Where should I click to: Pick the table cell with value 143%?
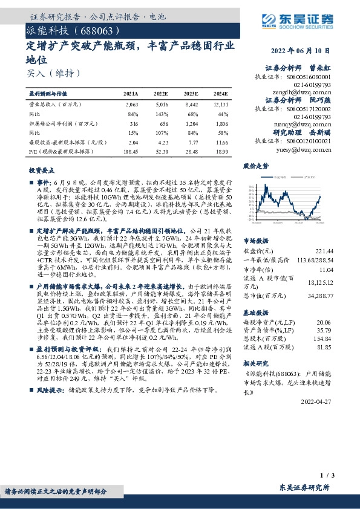coord(162,114)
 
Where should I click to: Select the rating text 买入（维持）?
coord(54,73)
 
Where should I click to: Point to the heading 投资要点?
coord(41,171)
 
